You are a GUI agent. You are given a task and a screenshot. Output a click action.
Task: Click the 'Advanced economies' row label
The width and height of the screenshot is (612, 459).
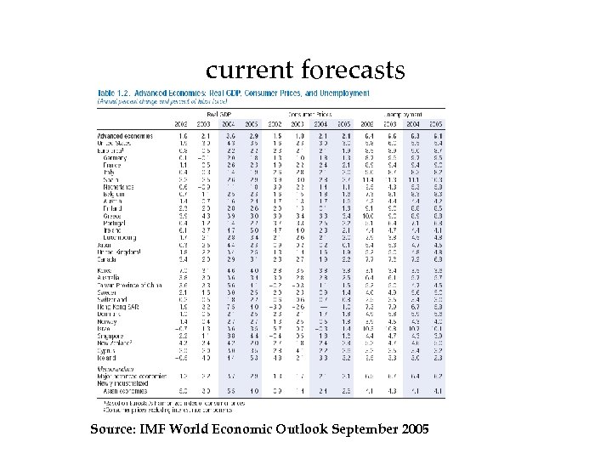pos(125,135)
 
